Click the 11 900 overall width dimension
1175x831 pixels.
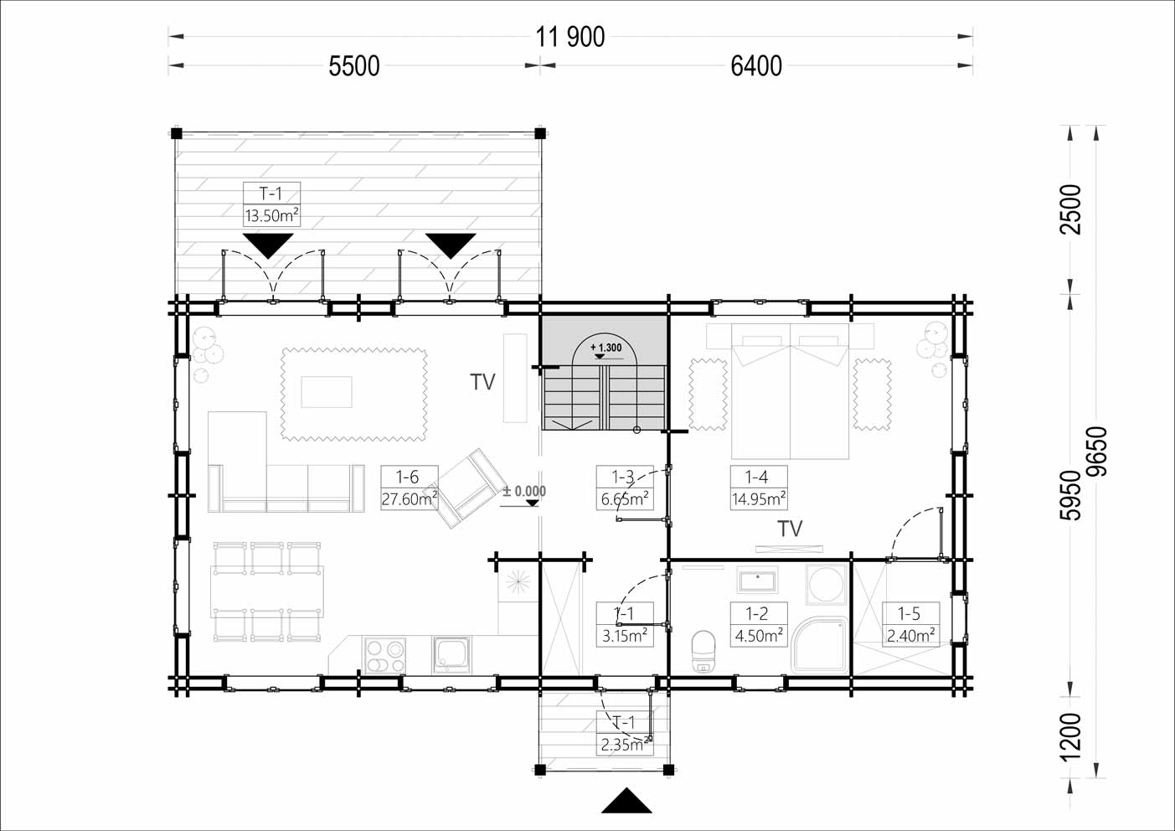click(569, 37)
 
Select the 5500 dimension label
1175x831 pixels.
click(354, 67)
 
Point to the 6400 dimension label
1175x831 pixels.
click(756, 67)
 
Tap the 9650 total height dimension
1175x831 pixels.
click(1097, 452)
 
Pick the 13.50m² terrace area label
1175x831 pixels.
click(271, 215)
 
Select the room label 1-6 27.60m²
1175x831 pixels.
click(410, 488)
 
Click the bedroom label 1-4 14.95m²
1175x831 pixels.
click(759, 488)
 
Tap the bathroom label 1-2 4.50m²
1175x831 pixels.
click(759, 624)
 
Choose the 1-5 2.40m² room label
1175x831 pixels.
click(910, 624)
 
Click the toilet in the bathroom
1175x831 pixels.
click(703, 651)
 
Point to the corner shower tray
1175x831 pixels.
click(820, 645)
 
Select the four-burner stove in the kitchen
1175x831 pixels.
click(384, 656)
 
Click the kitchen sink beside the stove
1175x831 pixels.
click(451, 655)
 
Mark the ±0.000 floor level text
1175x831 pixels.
click(524, 492)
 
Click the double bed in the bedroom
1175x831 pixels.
click(790, 391)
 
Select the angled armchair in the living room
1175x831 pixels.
click(466, 488)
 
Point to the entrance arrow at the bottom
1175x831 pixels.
click(626, 801)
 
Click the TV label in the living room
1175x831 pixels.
click(482, 382)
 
